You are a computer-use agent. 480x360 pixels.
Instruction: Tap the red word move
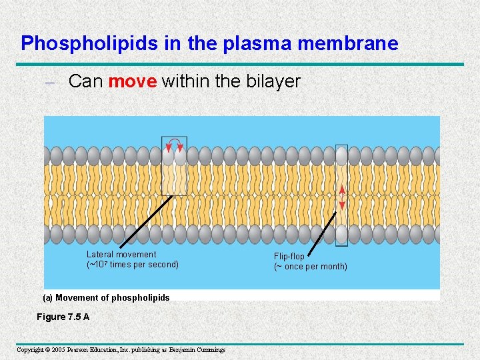(133, 82)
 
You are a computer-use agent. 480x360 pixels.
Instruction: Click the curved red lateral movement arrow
(175, 142)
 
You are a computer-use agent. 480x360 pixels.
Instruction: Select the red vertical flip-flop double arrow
(342, 195)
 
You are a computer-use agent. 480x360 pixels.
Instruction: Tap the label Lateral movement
(121, 254)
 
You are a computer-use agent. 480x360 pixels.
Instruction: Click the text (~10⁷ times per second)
(132, 264)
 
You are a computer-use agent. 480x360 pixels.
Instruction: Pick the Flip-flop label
(289, 256)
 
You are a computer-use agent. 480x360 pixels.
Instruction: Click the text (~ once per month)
(310, 267)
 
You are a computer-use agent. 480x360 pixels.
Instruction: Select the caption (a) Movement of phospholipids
(106, 297)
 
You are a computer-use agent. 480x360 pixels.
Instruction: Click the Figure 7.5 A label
(63, 317)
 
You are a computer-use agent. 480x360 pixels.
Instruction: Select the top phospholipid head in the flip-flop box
(342, 156)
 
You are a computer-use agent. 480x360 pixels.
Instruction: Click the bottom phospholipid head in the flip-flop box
(342, 234)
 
